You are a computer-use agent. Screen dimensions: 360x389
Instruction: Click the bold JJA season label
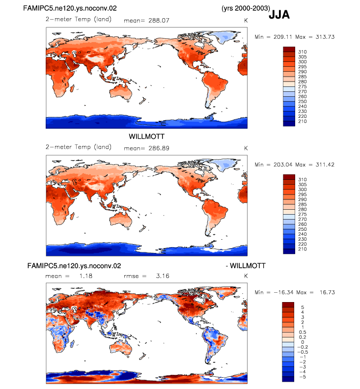pos(279,15)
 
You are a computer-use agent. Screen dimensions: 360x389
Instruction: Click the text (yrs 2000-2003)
pos(246,8)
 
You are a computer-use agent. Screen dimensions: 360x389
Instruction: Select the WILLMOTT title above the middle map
pos(147,137)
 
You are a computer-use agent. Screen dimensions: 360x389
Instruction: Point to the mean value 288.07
pos(159,20)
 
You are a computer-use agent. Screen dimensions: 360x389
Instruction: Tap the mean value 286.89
pos(159,148)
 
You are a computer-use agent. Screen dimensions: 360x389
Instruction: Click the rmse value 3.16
pos(163,276)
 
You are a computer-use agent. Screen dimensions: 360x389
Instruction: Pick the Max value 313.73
pos(325,37)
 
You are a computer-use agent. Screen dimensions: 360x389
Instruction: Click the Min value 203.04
pos(283,165)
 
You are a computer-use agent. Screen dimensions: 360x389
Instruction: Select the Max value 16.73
pos(327,293)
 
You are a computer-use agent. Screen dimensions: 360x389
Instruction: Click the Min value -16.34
pos(283,293)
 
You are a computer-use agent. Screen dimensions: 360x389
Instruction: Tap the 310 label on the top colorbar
pos(303,52)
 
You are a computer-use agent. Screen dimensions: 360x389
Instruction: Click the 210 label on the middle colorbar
pos(303,249)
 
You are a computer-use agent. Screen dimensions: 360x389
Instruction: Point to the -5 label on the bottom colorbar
pos(303,377)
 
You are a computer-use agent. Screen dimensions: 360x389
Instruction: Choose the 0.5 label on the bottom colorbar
pos(303,332)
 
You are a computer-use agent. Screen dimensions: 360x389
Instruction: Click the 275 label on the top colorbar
pos(303,86)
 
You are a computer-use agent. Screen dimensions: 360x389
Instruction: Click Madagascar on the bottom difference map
pos(72,344)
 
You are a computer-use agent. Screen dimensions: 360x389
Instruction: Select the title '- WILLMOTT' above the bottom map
pos(246,266)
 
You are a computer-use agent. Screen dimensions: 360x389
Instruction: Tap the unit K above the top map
pos(246,20)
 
